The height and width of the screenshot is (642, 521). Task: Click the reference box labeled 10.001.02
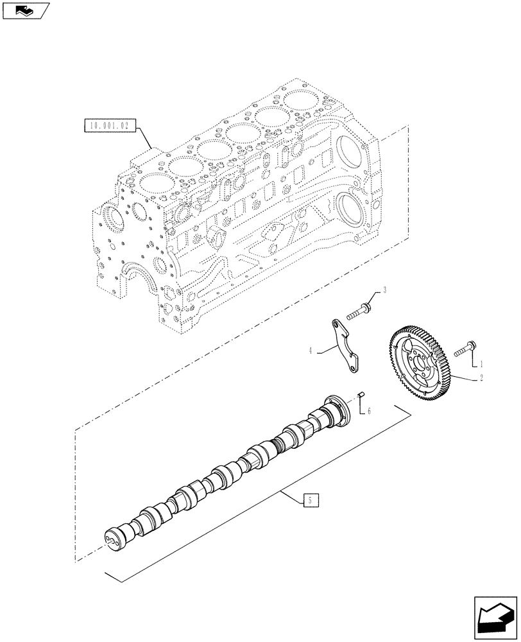(107, 126)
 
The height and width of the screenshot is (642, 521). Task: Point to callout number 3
(385, 290)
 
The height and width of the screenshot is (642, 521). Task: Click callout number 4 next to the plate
(310, 351)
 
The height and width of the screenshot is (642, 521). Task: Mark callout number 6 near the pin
(368, 411)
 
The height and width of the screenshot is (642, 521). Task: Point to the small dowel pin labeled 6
(361, 395)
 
